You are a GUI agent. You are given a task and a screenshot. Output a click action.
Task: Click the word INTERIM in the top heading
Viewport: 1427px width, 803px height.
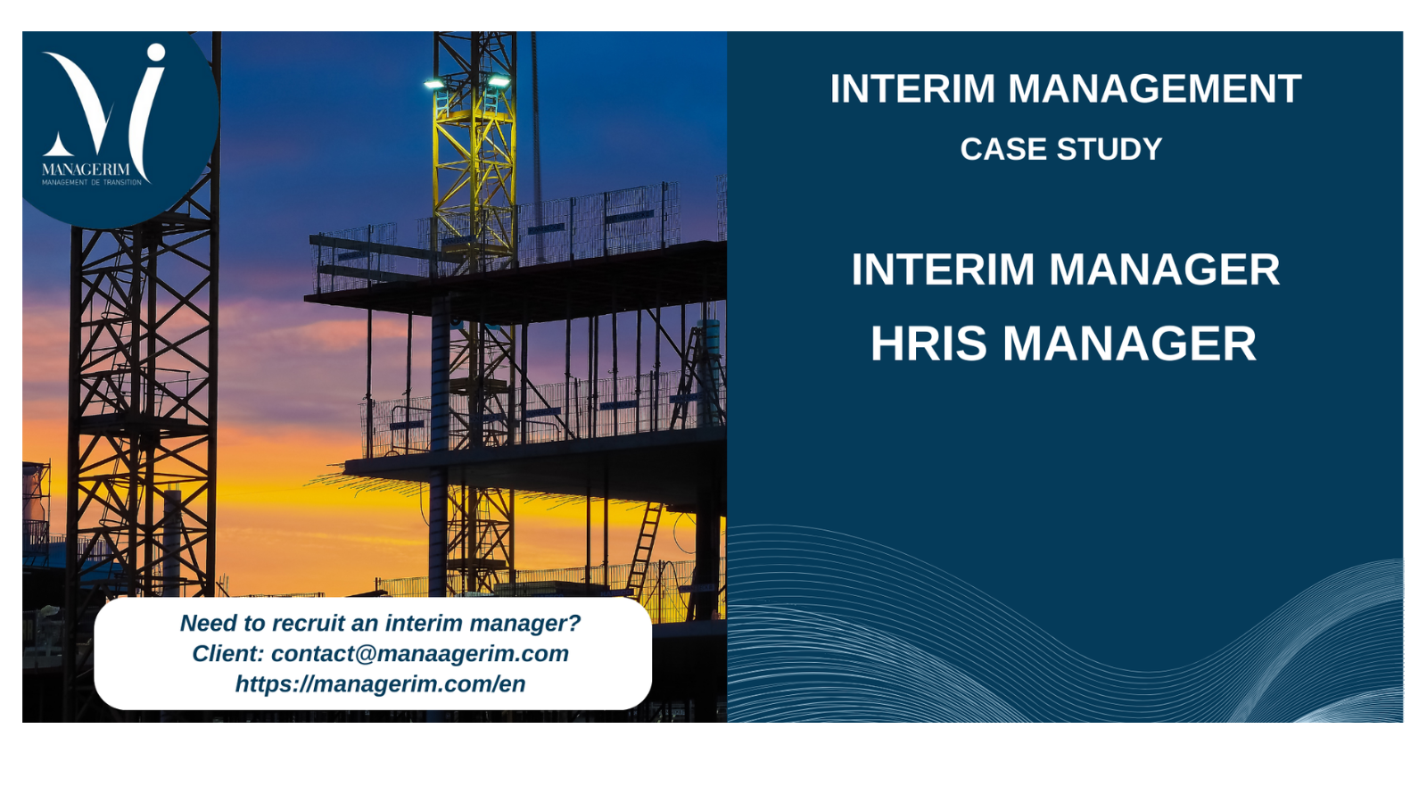click(912, 88)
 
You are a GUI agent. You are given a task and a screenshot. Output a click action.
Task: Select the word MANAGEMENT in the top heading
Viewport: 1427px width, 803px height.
click(1155, 88)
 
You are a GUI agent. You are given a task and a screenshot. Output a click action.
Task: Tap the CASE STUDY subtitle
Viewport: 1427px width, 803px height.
click(1061, 149)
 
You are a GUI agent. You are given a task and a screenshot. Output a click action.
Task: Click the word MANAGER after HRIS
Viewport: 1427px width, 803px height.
click(1129, 344)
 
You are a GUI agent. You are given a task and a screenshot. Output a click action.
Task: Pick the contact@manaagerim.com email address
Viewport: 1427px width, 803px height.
click(420, 654)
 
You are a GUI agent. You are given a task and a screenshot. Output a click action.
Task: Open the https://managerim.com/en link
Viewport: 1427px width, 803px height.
click(380, 683)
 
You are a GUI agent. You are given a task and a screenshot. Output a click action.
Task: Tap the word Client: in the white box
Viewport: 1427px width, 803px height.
click(228, 654)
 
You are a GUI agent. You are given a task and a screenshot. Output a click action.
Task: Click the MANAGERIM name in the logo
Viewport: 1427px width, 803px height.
click(86, 170)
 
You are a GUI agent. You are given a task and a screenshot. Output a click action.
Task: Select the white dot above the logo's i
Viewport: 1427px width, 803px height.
click(155, 53)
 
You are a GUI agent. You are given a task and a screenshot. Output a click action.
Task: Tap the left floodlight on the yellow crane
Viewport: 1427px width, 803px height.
click(434, 84)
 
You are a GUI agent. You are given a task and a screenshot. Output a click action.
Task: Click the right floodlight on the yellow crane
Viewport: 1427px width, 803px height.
click(499, 81)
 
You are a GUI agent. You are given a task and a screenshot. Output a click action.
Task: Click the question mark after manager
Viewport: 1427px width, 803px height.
click(574, 623)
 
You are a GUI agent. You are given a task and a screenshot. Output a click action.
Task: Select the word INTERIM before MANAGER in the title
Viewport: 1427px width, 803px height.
click(943, 269)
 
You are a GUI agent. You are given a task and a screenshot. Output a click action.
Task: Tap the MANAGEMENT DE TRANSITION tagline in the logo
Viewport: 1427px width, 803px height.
click(92, 182)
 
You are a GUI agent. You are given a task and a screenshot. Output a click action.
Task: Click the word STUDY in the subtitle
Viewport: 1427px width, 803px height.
click(1109, 149)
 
